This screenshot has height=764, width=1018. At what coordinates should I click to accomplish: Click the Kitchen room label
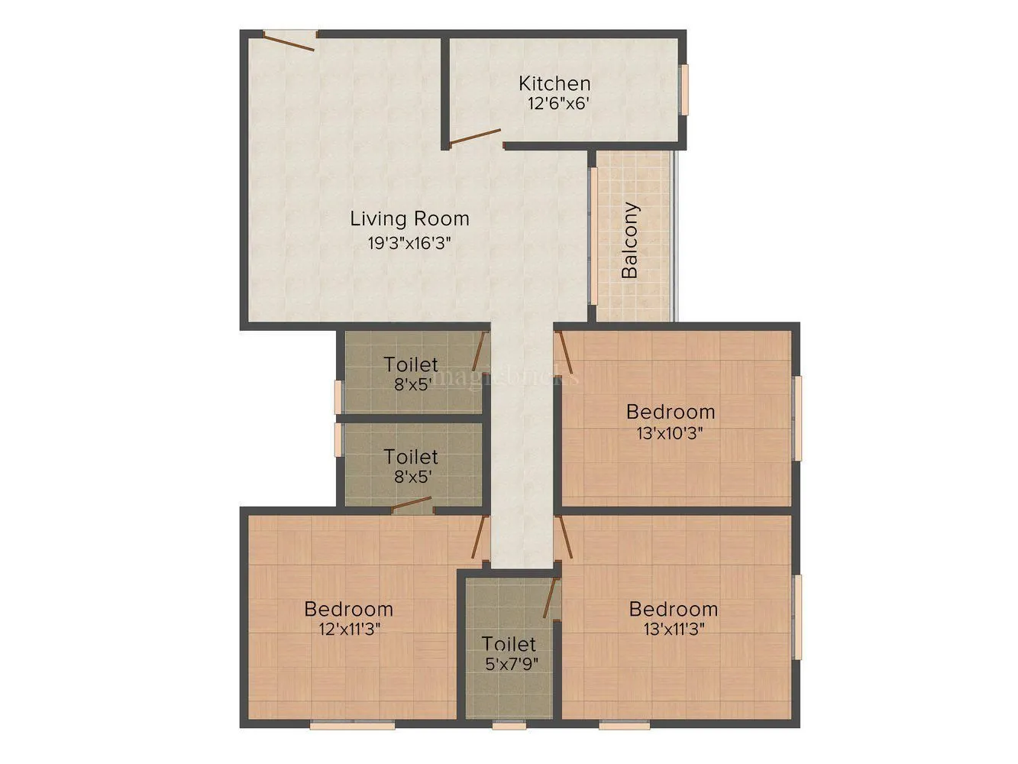point(554,83)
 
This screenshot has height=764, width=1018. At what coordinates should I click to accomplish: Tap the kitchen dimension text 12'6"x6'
point(558,104)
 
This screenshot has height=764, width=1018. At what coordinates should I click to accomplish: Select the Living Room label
point(409,219)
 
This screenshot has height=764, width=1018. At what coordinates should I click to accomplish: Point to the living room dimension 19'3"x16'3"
point(409,244)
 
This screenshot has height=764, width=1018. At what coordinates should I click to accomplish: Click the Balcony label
point(630,240)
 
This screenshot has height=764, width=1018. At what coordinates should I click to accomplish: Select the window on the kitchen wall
point(685,89)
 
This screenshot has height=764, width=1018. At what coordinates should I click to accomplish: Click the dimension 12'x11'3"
point(350,629)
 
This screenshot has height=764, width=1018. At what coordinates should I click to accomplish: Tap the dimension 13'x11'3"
point(673,629)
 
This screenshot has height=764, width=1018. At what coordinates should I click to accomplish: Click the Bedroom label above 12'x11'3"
point(349,609)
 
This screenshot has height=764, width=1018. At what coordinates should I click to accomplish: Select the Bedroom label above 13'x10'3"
point(671,412)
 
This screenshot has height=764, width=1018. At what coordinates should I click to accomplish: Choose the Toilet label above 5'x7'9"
point(509,644)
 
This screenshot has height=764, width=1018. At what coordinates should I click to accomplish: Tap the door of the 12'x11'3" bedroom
point(480,537)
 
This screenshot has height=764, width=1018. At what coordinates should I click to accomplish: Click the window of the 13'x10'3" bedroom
point(797,418)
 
